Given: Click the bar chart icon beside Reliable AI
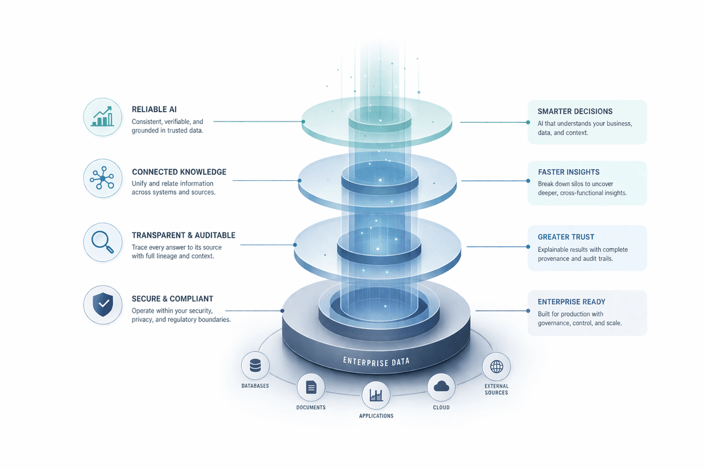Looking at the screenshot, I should [x=103, y=117].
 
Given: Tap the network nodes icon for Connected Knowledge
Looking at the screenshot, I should [x=103, y=178].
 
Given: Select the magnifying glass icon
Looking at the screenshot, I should [x=103, y=242].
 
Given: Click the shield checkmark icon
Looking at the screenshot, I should [x=103, y=305].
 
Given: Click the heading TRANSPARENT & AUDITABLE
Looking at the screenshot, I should [x=183, y=235].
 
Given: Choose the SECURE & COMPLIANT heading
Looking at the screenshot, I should [x=172, y=298].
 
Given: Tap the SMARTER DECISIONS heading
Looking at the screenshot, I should [x=575, y=112].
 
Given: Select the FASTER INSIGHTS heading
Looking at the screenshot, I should [x=569, y=172].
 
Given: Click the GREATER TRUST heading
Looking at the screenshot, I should [x=566, y=237].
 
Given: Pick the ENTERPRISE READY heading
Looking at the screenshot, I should [x=571, y=302].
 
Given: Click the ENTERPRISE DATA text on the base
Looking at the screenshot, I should [x=377, y=361].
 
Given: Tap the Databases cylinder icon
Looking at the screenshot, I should [x=255, y=366].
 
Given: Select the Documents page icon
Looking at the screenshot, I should [x=311, y=388].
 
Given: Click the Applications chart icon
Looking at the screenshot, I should [x=376, y=395].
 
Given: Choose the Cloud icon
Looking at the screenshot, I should [x=441, y=387].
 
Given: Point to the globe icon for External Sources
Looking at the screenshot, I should [x=496, y=367].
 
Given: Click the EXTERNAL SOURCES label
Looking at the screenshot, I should [x=496, y=389].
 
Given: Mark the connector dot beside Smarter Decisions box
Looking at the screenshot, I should [x=528, y=122].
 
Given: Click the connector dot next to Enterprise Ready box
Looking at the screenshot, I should [x=528, y=312].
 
